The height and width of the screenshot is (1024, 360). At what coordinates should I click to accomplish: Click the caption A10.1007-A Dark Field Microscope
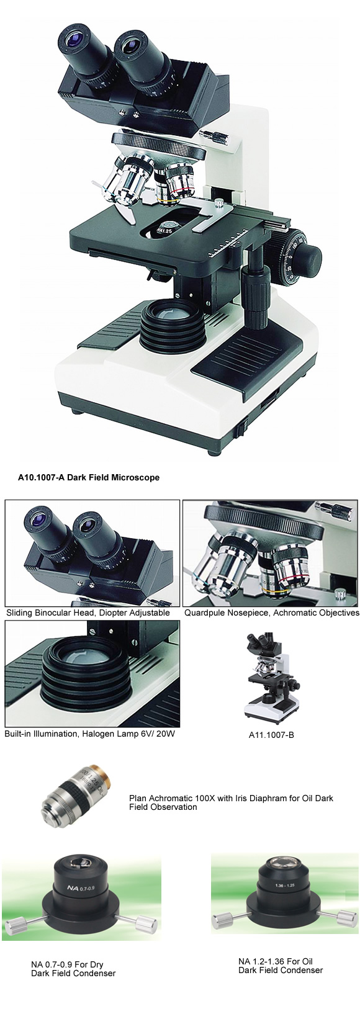pos(88,477)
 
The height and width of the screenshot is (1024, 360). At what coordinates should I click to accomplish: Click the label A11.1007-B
pos(269,735)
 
